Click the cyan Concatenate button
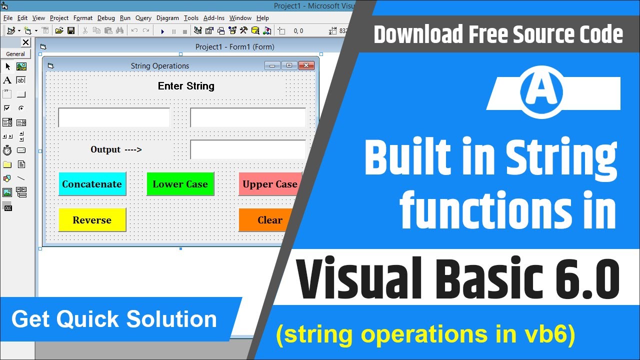(x=92, y=184)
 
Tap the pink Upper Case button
(x=270, y=184)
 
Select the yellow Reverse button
(x=92, y=220)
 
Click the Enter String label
(x=186, y=86)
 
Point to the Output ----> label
(x=116, y=149)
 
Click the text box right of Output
(x=247, y=149)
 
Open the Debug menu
(x=106, y=18)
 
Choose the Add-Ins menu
(x=214, y=18)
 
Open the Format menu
(x=83, y=18)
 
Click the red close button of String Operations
(x=306, y=65)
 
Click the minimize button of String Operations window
(x=272, y=65)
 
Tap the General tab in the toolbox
(x=15, y=54)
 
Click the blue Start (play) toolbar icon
(x=162, y=31)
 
